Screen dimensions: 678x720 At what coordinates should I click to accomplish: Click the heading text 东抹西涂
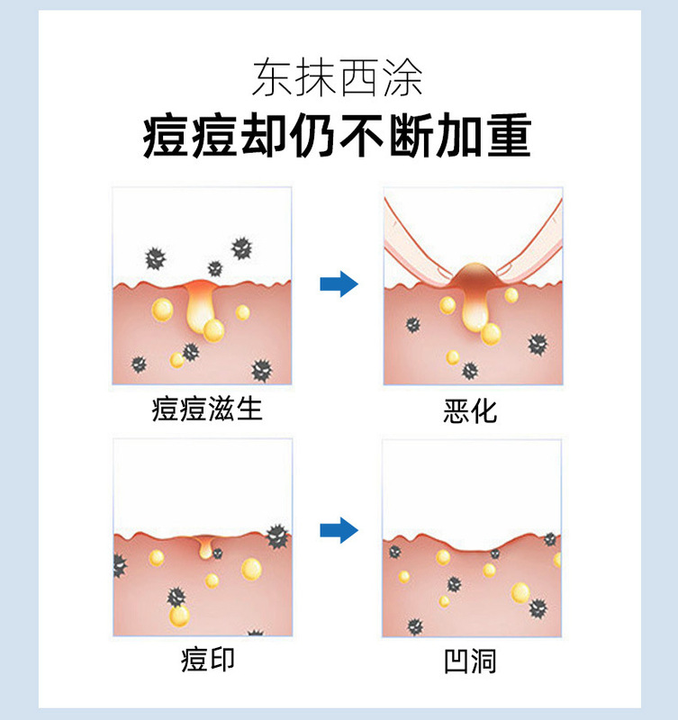[x=338, y=78]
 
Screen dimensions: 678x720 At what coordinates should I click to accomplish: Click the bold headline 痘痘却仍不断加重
[x=338, y=138]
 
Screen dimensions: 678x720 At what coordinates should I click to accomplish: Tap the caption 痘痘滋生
[x=207, y=409]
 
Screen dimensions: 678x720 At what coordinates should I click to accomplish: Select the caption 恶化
[x=471, y=411]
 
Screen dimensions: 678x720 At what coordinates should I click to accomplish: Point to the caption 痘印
[x=207, y=660]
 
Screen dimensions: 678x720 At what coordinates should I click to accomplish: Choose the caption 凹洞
[x=470, y=661]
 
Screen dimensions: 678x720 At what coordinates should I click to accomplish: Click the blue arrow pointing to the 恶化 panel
[x=339, y=285]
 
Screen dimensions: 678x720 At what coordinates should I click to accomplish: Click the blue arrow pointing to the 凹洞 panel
[x=339, y=530]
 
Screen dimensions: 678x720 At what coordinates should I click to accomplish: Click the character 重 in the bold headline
[x=506, y=138]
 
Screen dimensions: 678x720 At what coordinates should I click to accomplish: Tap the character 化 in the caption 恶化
[x=484, y=411]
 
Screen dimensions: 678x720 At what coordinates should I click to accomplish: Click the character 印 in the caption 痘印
[x=221, y=660]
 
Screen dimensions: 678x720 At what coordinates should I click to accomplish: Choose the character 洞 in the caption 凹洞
[x=484, y=661]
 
